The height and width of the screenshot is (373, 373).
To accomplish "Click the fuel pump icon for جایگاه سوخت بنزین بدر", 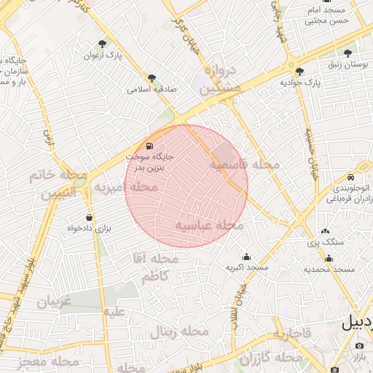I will (150, 145).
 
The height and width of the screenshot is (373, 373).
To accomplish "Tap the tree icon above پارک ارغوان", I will (103, 44).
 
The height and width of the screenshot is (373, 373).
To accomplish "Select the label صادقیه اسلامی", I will (149, 90).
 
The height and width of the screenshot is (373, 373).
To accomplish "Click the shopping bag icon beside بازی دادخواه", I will (89, 216).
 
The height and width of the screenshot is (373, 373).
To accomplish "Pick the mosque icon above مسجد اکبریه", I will (246, 256).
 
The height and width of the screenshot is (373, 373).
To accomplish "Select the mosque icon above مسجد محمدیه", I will (329, 258).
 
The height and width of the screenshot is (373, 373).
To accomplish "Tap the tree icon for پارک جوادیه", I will (300, 71).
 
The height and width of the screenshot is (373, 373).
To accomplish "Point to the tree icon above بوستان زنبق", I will (348, 53).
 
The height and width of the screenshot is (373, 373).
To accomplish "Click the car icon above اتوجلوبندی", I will (350, 177).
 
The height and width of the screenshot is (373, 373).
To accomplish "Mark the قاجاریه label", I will (291, 334).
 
